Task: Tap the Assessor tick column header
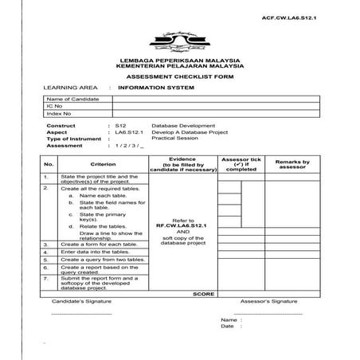[x=241, y=164]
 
